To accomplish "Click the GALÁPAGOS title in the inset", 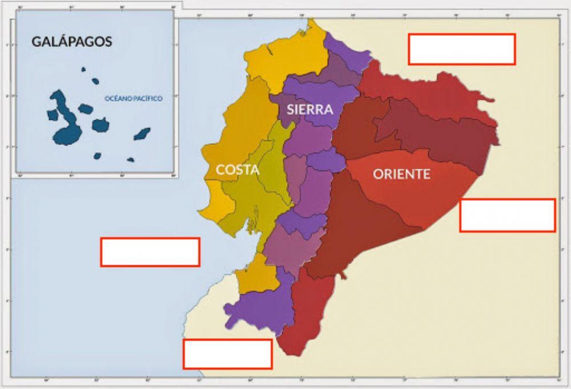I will (x=71, y=42).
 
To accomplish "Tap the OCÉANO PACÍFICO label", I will (x=134, y=99).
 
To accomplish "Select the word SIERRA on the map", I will (x=310, y=110).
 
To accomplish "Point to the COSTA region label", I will (x=238, y=169).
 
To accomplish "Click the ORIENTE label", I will (x=401, y=174).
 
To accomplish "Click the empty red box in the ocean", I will (x=150, y=252).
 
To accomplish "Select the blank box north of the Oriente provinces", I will (x=462, y=49).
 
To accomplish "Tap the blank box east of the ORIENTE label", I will (x=508, y=215).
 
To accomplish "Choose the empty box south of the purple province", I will (x=227, y=354).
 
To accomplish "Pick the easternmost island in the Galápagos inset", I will (x=142, y=134).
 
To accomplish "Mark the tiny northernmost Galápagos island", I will (x=83, y=69).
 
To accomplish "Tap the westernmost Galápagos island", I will (x=52, y=114).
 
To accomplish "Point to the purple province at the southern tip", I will (x=260, y=308).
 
